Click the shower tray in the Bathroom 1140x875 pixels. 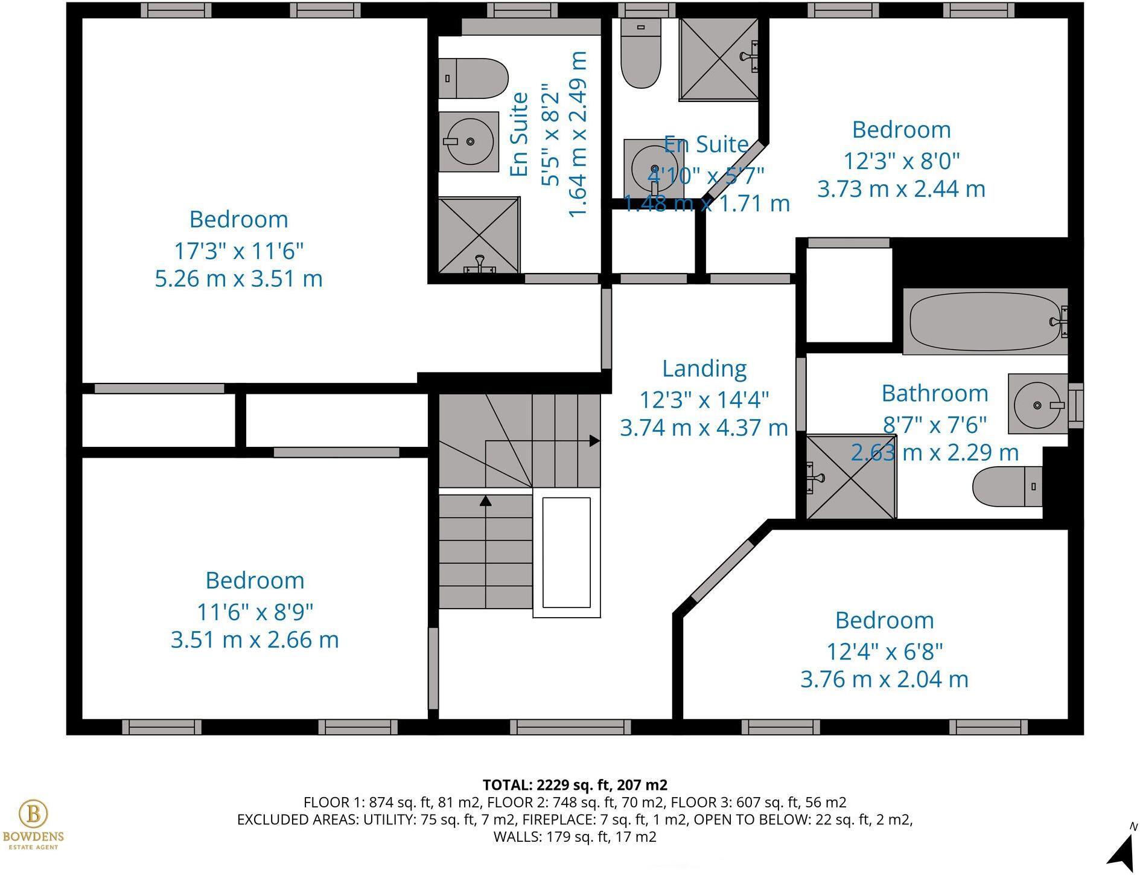(851, 477)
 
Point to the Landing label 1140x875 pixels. (704, 368)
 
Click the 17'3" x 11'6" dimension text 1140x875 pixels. (238, 250)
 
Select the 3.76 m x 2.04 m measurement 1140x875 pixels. (884, 679)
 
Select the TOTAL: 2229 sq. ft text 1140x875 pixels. (575, 785)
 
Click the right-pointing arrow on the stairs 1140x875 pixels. (594, 441)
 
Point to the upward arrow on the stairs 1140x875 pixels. (485, 501)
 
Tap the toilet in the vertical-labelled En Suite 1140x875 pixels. (472, 79)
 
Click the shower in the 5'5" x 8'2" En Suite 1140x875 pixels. (479, 235)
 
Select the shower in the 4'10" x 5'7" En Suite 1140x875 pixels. (718, 59)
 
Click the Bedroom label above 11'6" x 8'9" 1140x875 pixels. (254, 581)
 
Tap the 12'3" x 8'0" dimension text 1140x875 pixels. (901, 161)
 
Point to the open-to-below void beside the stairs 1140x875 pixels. (566, 553)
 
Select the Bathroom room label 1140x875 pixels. (934, 394)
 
